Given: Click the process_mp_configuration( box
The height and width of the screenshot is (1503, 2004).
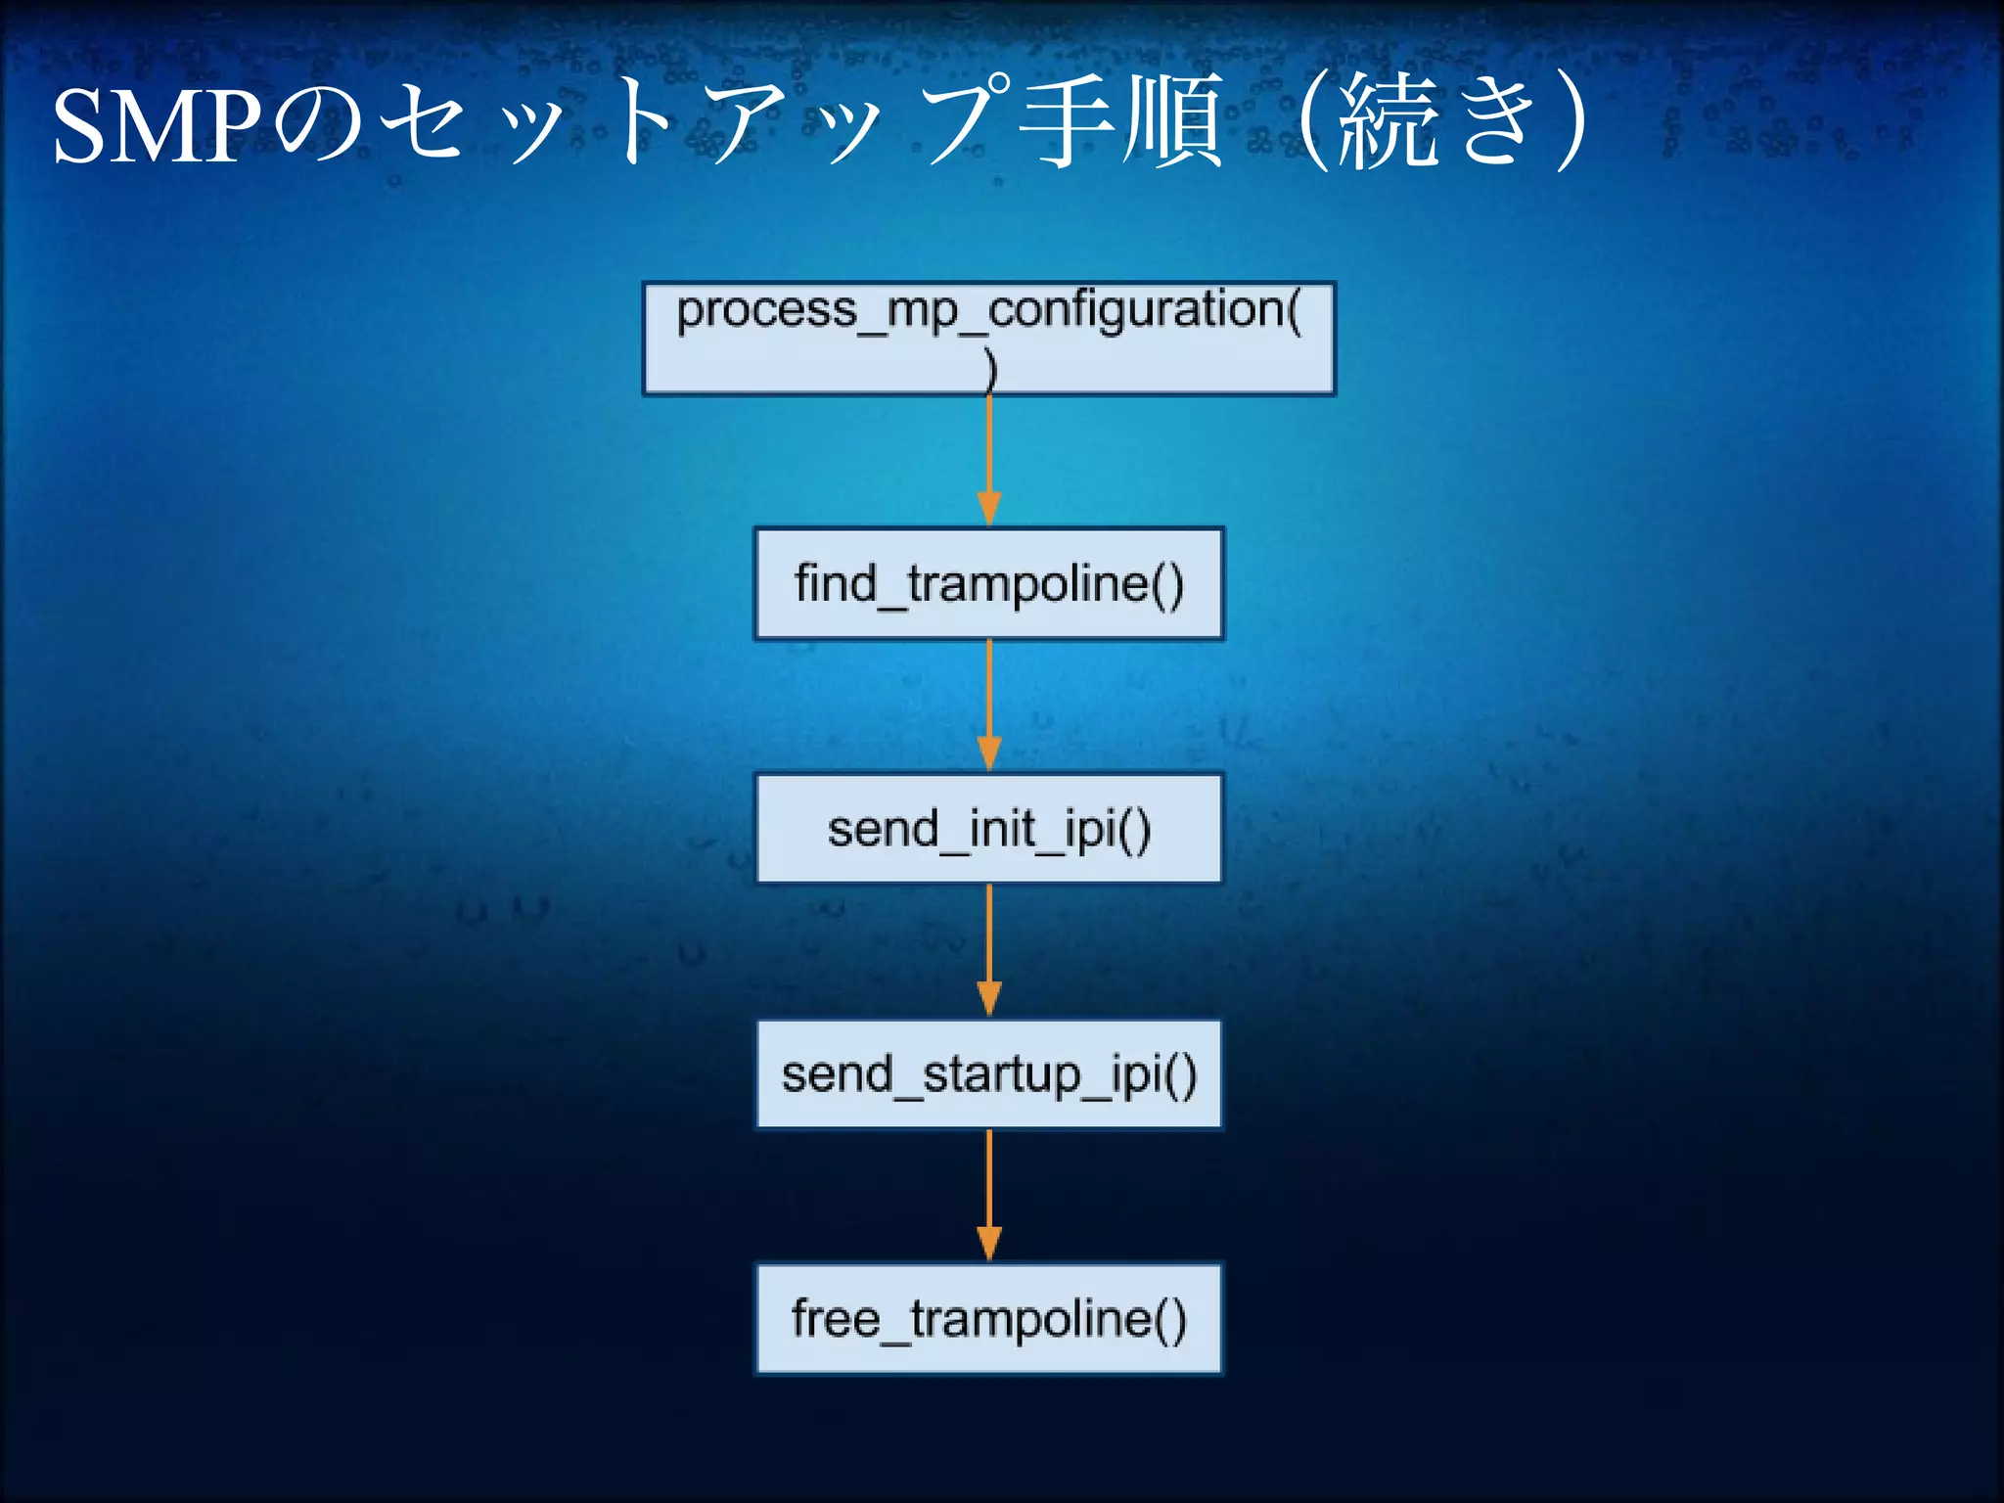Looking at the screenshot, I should coord(988,339).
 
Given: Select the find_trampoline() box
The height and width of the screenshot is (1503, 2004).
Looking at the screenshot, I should coord(988,583).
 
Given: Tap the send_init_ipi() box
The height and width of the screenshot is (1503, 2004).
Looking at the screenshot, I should coord(988,829).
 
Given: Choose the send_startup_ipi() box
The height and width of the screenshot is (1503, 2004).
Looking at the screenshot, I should coord(988,1074).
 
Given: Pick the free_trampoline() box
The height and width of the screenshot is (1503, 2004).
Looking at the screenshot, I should coord(988,1319).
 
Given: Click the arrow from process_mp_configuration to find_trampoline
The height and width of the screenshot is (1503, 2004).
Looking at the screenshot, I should coord(989,460).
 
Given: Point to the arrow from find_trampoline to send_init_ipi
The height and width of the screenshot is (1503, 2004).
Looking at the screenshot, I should coord(989,705).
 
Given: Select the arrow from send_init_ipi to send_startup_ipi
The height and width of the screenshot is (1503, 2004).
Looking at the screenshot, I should coord(989,949).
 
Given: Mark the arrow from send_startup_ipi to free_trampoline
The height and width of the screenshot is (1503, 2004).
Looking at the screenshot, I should coord(989,1194).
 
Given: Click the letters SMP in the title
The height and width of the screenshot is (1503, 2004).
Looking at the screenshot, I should coord(157,125).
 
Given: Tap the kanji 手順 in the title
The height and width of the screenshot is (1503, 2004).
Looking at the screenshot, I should coord(1120,122).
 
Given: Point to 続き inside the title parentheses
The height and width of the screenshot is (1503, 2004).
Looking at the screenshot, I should coord(1438,122).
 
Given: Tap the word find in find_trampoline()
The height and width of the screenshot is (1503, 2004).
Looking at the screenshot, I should coord(835,583).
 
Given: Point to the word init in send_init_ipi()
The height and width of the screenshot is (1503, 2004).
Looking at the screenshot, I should coord(1002,829).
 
